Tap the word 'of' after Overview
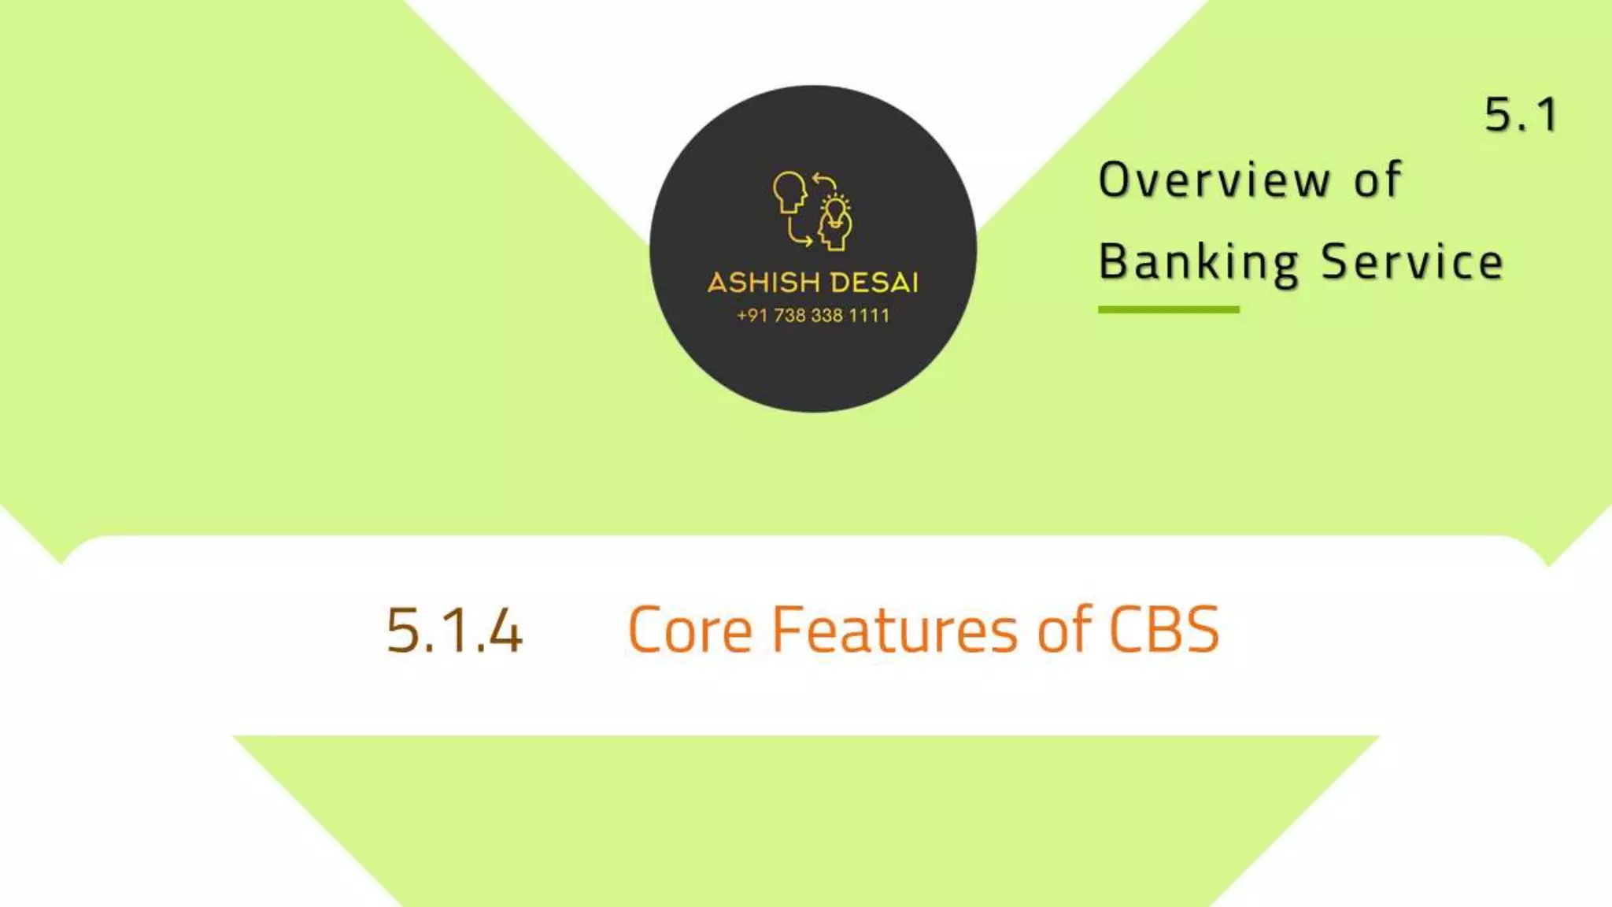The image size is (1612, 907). point(1377,180)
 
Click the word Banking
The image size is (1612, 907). point(1198,263)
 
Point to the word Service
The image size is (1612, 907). point(1412,261)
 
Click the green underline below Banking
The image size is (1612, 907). point(1168,310)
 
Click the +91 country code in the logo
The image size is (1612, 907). point(752,316)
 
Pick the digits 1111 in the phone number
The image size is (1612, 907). point(869,316)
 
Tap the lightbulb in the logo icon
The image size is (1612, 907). point(835,210)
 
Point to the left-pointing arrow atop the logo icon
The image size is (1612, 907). point(823,181)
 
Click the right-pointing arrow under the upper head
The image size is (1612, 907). point(800,234)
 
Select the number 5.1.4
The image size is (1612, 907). point(454,631)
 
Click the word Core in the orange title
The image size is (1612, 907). point(690,631)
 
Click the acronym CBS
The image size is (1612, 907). point(1164,631)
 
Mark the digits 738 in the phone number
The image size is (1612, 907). point(789,316)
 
